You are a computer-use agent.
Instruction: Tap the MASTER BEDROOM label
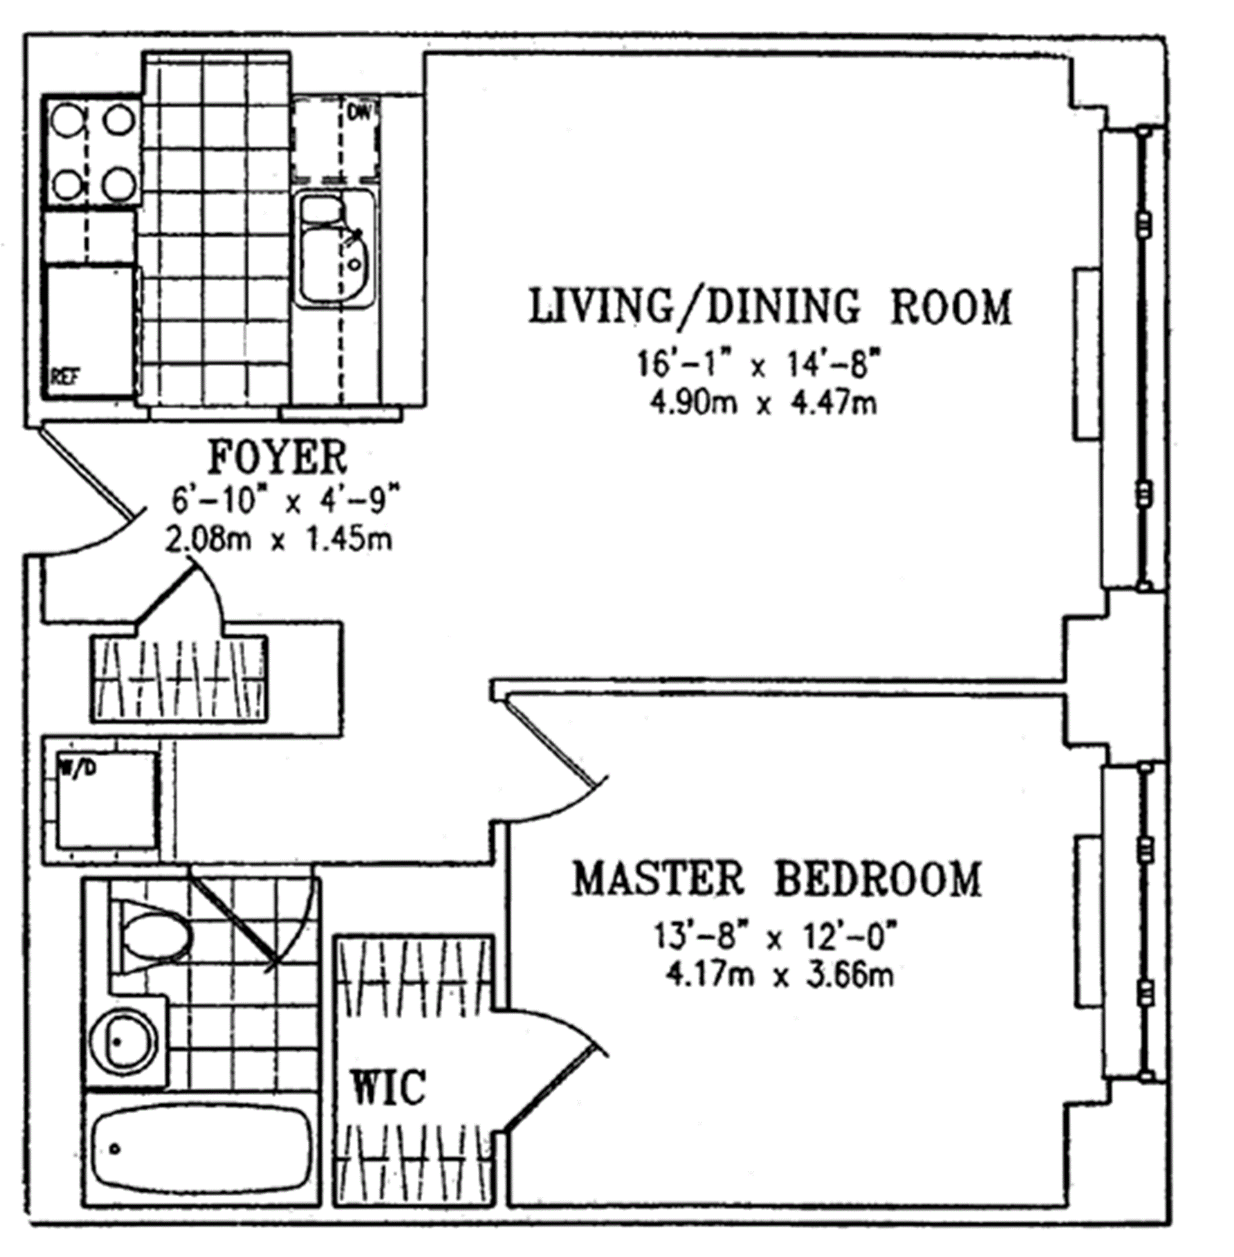pos(776,879)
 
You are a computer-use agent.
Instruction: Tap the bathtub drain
pos(115,1149)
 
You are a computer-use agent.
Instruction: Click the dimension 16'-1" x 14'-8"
pos(760,366)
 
